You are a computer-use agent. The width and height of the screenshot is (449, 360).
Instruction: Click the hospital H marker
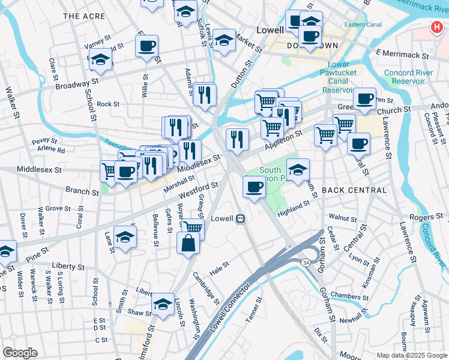pyautogui.click(x=436, y=28)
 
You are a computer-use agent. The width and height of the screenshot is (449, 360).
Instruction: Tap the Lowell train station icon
pyautogui.click(x=240, y=219)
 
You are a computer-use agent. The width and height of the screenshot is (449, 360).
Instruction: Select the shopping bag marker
pyautogui.click(x=188, y=243)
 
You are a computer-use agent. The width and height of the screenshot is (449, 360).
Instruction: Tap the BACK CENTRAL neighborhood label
pyautogui.click(x=354, y=190)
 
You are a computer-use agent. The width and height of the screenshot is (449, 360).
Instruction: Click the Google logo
pyautogui.click(x=20, y=353)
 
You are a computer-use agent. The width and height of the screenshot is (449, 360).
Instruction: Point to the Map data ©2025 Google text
pyautogui.click(x=411, y=355)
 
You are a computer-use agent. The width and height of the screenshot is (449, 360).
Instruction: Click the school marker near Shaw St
pyautogui.click(x=163, y=304)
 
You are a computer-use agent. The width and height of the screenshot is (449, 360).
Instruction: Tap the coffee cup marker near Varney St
pyautogui.click(x=146, y=46)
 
